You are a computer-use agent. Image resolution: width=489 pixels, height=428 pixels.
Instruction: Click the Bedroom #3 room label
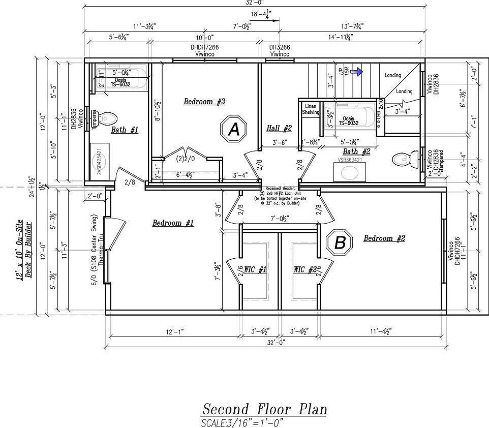pos(204,102)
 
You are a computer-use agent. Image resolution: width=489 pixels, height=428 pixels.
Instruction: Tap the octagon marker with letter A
pos(233,130)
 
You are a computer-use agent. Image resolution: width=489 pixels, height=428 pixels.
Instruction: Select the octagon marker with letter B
pos(340,242)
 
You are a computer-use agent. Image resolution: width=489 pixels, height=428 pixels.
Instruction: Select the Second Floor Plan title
pos(264,409)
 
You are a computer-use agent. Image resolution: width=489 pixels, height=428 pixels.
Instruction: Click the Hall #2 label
pos(279,129)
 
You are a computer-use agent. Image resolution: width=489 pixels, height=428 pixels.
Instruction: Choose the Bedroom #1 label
pos(173,223)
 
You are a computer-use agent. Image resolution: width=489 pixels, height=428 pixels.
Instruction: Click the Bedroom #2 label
pos(384,238)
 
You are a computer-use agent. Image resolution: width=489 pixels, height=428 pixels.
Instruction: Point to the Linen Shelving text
pos(310,109)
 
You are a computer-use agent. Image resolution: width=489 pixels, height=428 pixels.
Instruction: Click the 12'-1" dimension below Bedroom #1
pos(173,331)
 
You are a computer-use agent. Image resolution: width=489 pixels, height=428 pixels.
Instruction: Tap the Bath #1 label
pos(125,130)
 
